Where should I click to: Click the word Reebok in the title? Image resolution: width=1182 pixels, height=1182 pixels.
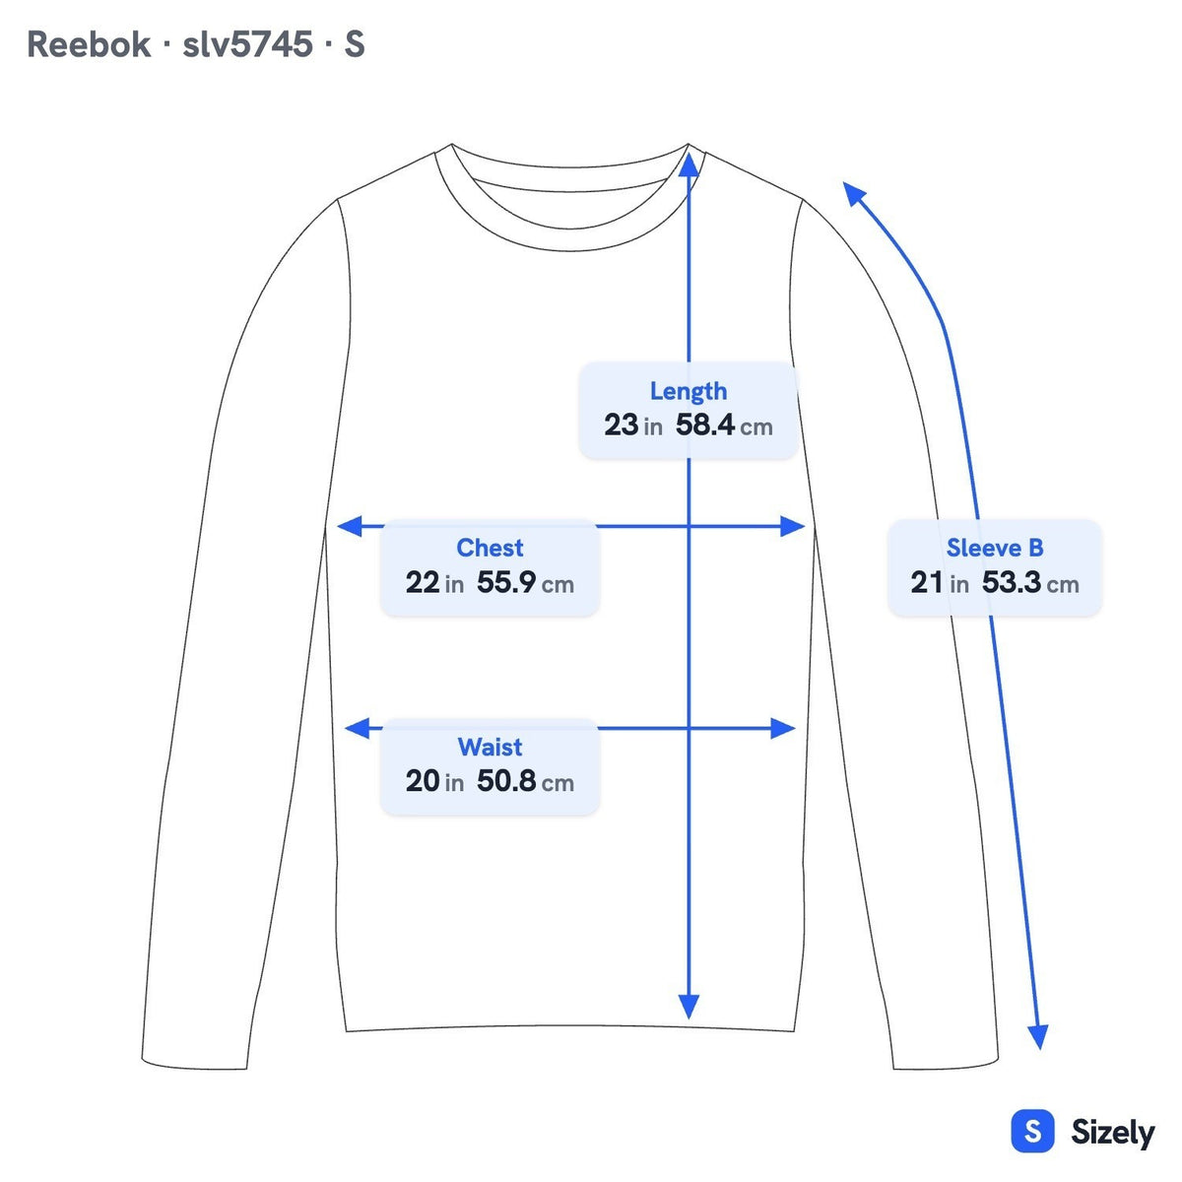pyautogui.click(x=89, y=44)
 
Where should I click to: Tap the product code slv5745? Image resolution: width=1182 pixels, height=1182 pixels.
pyautogui.click(x=248, y=44)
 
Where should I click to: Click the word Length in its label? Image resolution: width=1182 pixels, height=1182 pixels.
pyautogui.click(x=689, y=392)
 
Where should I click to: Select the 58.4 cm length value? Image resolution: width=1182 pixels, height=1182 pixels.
pyautogui.click(x=724, y=426)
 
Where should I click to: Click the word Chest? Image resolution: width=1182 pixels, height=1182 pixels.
pyautogui.click(x=490, y=548)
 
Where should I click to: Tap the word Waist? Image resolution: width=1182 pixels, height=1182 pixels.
pyautogui.click(x=490, y=747)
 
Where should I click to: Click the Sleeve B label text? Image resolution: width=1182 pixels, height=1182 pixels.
pyautogui.click(x=994, y=548)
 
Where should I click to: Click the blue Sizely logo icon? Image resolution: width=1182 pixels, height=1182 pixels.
pyautogui.click(x=1033, y=1131)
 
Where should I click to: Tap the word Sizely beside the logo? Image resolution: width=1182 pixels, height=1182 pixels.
pyautogui.click(x=1113, y=1133)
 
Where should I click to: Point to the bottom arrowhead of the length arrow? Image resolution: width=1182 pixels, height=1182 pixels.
pyautogui.click(x=689, y=1006)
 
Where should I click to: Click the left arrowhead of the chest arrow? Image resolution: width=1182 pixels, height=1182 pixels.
pyautogui.click(x=350, y=526)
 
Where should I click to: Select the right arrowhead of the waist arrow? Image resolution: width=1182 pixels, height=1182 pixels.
pyautogui.click(x=783, y=728)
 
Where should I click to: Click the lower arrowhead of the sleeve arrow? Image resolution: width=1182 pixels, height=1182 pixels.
pyautogui.click(x=1038, y=1036)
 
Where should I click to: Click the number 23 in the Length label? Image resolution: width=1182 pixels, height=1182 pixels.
pyautogui.click(x=621, y=426)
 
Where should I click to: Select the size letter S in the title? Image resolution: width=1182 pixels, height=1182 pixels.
pyautogui.click(x=355, y=44)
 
